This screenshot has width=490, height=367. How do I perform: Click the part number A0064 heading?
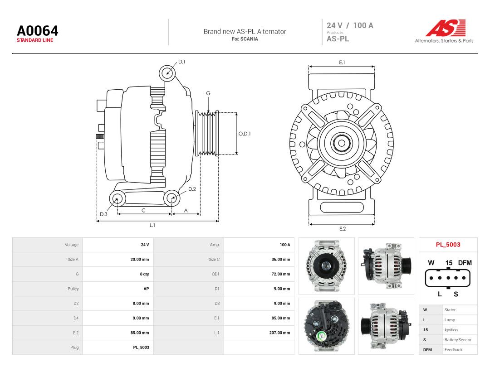point(38,31)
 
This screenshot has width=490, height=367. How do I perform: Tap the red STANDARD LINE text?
point(35,40)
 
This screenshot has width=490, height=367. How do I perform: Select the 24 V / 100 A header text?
point(350,25)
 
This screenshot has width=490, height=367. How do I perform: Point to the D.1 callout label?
point(182,62)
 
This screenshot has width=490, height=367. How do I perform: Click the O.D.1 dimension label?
point(245,134)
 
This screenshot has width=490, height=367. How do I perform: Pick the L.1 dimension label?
point(152,225)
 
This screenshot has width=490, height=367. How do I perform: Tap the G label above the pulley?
point(208,93)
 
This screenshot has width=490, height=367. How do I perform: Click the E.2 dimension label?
point(343,229)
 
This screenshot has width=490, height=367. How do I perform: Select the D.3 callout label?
point(103,214)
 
